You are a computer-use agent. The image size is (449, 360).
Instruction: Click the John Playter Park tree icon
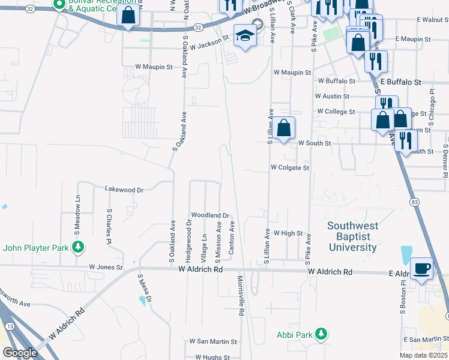coord(77,247)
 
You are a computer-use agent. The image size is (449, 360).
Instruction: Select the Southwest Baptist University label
coord(352,236)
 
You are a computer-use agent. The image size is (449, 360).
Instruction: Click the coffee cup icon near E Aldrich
coord(422,268)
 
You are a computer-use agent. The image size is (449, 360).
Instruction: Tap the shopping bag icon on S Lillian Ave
coord(286,127)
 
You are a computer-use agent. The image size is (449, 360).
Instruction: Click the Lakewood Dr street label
coord(124,190)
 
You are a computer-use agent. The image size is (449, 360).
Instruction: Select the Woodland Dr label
coord(210,215)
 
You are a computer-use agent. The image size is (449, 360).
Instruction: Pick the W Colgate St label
coord(290,168)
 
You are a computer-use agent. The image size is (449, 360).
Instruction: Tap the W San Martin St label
coord(213,341)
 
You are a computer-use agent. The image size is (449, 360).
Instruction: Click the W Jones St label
coord(106,266)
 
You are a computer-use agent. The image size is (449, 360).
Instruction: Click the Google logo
coord(19,352)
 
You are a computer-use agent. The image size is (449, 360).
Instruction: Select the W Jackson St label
coord(210,41)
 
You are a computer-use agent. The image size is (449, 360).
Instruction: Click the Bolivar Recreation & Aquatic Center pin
coord(59,5)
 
